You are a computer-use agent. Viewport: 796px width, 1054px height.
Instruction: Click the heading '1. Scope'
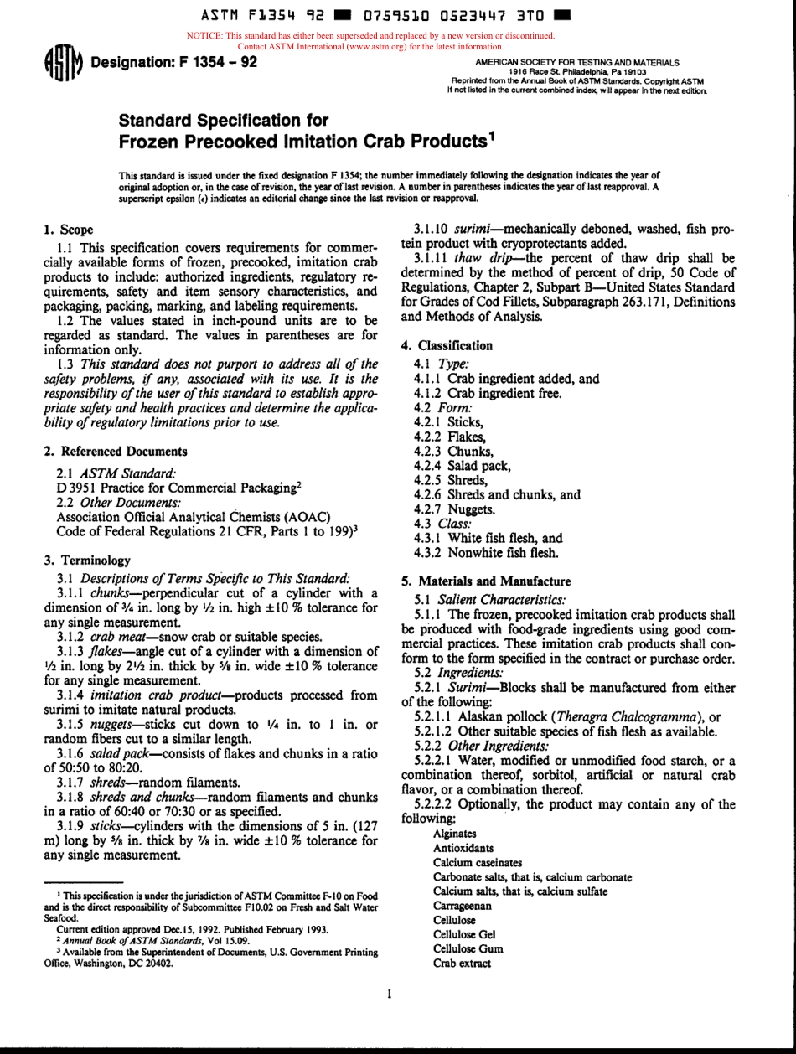click(x=68, y=230)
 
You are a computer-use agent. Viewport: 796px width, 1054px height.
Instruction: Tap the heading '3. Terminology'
click(x=85, y=561)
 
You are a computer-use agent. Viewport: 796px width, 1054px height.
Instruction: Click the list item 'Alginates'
click(x=455, y=834)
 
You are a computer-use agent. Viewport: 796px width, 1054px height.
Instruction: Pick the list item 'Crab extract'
click(x=462, y=964)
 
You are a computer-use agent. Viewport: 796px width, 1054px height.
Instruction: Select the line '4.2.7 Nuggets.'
click(x=455, y=509)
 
